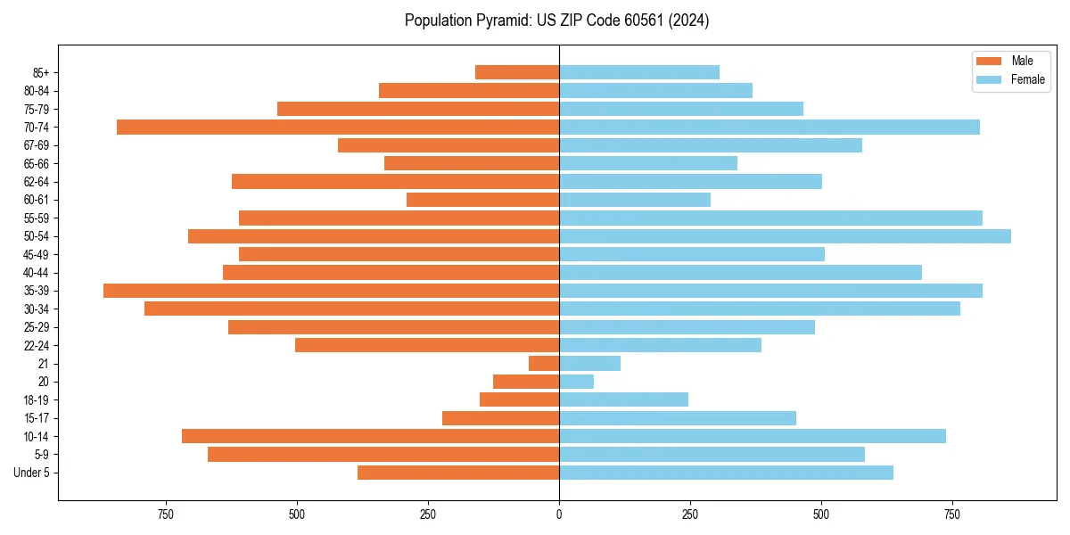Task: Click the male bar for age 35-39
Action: [331, 291]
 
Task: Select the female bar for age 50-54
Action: [785, 236]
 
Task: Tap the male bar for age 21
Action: [544, 364]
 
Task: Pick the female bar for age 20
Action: [576, 382]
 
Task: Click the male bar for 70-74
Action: [338, 127]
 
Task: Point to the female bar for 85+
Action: [638, 72]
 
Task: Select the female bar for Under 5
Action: [726, 473]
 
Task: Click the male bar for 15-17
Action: [500, 418]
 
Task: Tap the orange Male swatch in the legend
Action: [989, 62]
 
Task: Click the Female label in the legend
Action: [1027, 79]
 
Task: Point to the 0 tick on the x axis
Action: [559, 514]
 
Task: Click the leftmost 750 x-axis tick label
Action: [165, 514]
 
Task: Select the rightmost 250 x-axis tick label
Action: [690, 514]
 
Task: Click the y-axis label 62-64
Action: [36, 182]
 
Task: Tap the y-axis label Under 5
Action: [31, 473]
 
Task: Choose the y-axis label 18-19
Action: [36, 400]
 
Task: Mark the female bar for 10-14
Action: [752, 436]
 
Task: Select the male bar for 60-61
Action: [482, 200]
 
